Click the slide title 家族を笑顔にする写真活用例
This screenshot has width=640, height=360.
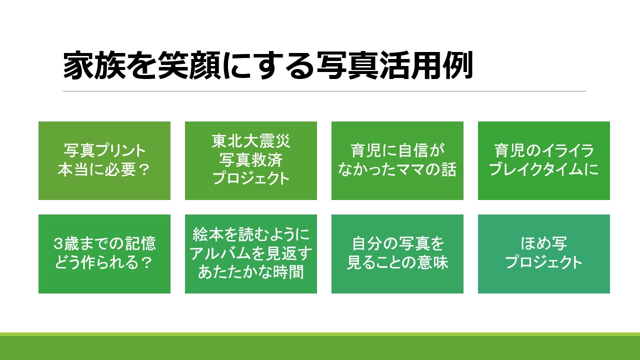(267, 65)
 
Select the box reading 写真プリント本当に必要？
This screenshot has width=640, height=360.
(104, 160)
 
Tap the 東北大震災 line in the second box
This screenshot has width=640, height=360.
(251, 141)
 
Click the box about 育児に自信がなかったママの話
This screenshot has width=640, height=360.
(397, 160)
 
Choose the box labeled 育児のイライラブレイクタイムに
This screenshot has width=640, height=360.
(544, 160)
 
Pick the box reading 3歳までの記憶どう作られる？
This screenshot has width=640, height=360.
(104, 254)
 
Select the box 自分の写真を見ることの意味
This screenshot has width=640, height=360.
(397, 254)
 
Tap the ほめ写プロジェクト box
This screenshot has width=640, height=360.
(544, 254)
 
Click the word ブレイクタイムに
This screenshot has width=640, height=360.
(543, 169)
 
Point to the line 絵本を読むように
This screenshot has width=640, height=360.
(251, 234)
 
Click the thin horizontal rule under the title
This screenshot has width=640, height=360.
(324, 91)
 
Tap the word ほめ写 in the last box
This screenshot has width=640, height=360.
(543, 243)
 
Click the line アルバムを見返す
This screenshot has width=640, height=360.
(251, 253)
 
